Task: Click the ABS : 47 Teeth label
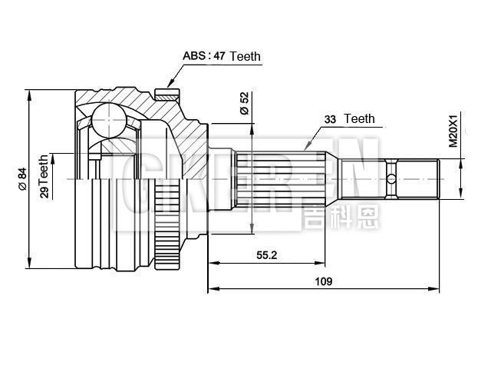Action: pyautogui.click(x=221, y=56)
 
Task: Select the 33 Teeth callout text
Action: pyautogui.click(x=349, y=119)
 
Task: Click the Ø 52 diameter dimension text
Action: pyautogui.click(x=244, y=104)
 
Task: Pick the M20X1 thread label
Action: pyautogui.click(x=453, y=131)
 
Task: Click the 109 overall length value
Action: pyautogui.click(x=323, y=281)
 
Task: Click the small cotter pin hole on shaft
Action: pyautogui.click(x=391, y=179)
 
